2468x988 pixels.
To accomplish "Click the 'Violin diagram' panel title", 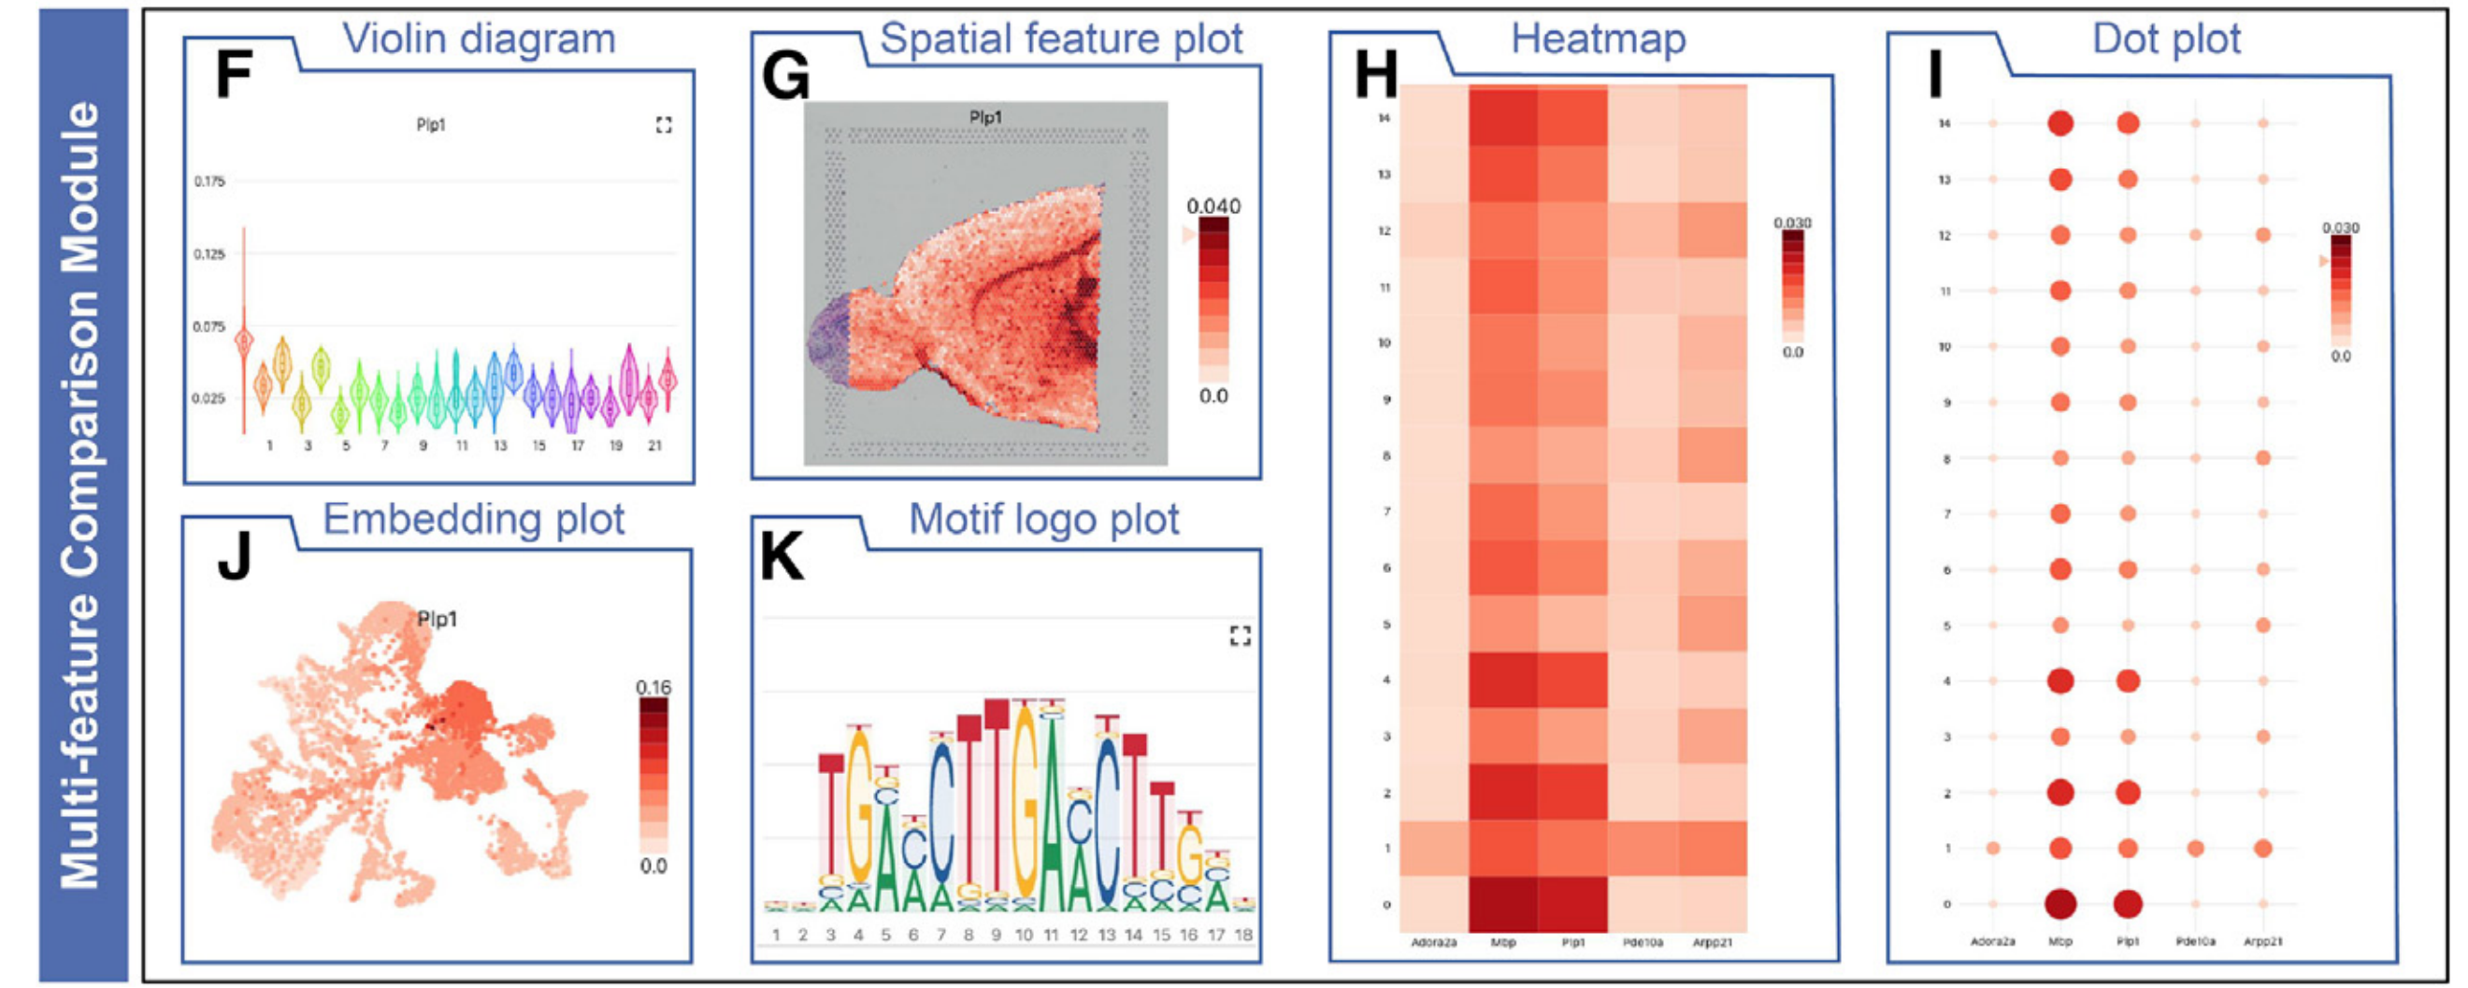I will (478, 39).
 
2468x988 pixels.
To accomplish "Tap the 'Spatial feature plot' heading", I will (1061, 39).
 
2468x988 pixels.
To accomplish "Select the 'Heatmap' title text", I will (1598, 39).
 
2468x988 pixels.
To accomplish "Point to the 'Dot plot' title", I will (2166, 39).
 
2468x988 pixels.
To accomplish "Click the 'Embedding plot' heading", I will (473, 520).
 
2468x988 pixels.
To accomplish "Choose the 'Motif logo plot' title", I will (1043, 520).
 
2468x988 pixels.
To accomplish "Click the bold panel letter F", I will (233, 76).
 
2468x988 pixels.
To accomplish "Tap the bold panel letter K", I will (781, 558).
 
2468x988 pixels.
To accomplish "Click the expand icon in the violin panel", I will (663, 124).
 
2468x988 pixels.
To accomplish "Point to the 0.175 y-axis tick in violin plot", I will (208, 181).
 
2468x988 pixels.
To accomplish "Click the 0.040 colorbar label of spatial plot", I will (1212, 206).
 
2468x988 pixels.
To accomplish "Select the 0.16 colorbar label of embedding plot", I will (653, 687).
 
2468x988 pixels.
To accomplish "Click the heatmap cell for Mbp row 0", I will (1502, 904).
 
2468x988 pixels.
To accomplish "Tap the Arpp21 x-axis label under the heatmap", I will (1712, 943).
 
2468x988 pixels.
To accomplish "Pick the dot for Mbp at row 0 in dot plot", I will (2059, 904).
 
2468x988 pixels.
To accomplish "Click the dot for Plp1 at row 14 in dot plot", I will (2128, 122).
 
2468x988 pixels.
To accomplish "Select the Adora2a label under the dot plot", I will (1992, 942).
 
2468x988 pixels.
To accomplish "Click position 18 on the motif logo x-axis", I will (1243, 936).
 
